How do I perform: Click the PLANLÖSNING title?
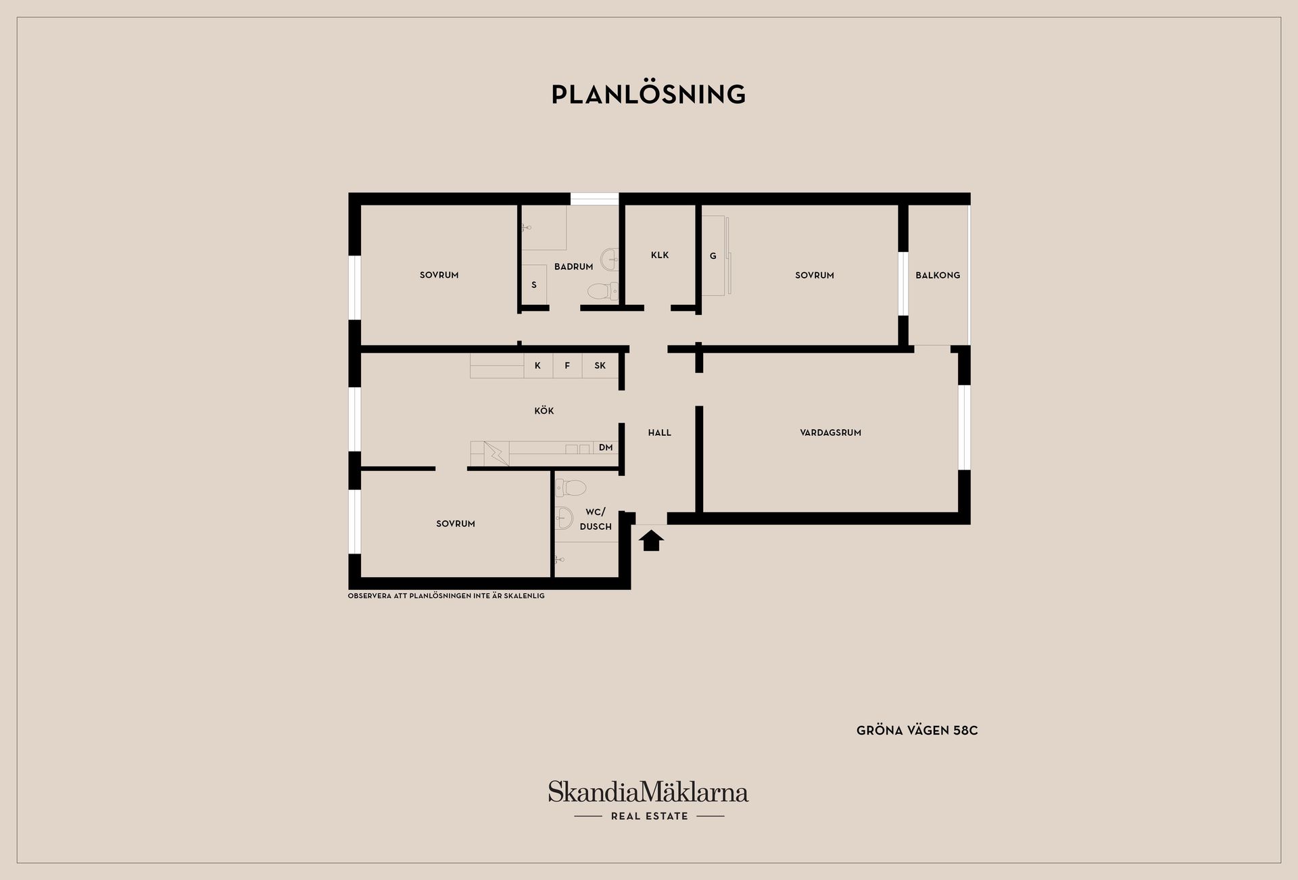coord(648,95)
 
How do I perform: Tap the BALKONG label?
coord(938,275)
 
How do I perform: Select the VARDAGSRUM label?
coord(830,433)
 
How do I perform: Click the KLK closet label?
coord(660,255)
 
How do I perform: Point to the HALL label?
coord(660,433)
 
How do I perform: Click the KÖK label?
coord(544,410)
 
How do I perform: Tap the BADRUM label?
coord(573,266)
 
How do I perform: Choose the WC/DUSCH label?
coord(596,519)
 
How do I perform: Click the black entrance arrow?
coord(651,541)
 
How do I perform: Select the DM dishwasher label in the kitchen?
coord(606,447)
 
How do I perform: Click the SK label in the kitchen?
coord(600,366)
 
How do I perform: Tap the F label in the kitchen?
coord(567,366)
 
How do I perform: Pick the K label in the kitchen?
coord(537,366)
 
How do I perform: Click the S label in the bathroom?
coord(534,285)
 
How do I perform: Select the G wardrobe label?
coord(713,256)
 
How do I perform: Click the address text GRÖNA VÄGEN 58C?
coord(917,731)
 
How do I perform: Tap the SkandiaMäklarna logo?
coord(648,800)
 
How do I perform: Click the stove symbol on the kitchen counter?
coord(496,453)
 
